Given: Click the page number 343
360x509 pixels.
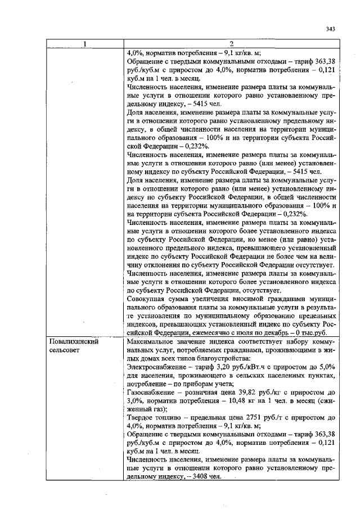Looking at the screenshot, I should click(x=330, y=30).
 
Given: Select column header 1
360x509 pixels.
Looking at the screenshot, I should click(x=84, y=45).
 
